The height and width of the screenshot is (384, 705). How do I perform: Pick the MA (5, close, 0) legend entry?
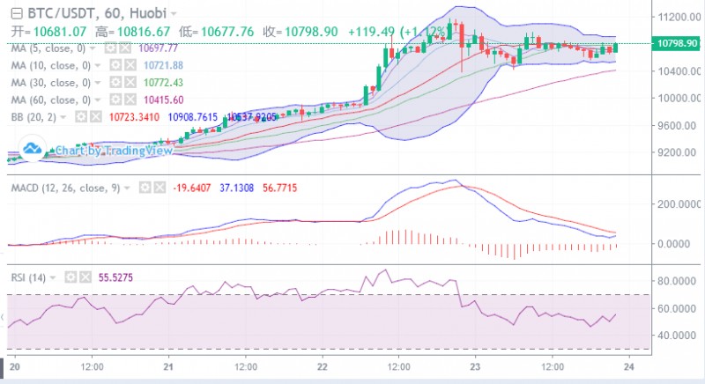[x=50, y=48]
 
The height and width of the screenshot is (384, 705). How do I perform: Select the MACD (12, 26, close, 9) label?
[x=66, y=188]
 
